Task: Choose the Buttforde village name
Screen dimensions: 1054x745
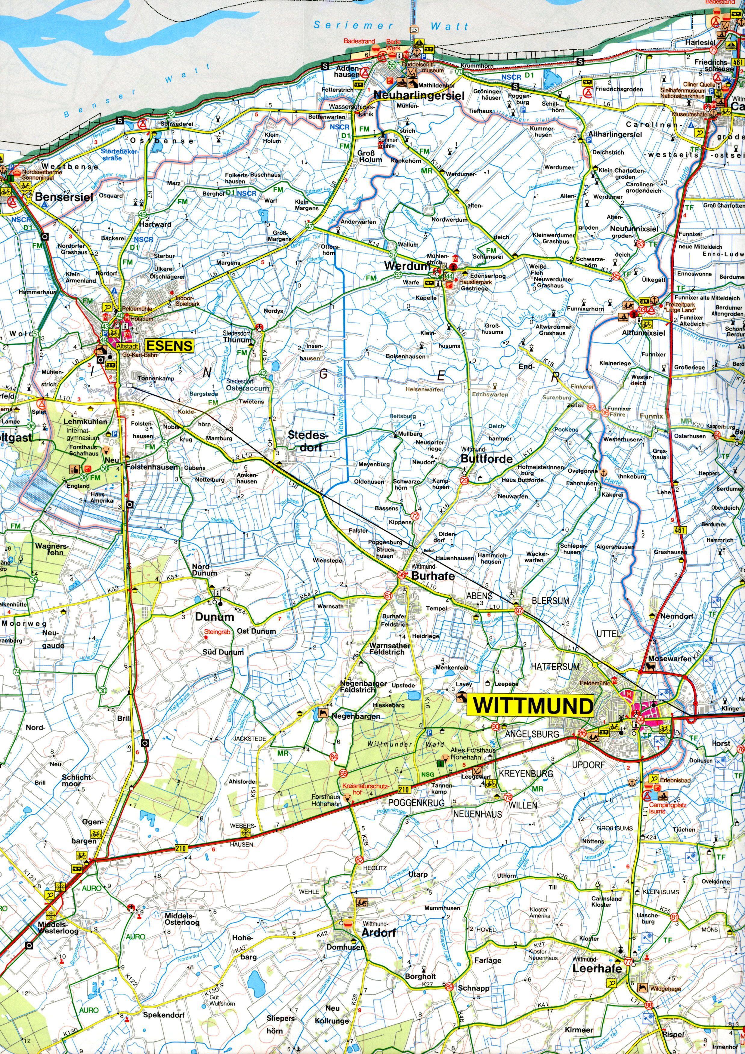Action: [486, 458]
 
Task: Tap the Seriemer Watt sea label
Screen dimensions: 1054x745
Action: [391, 26]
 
